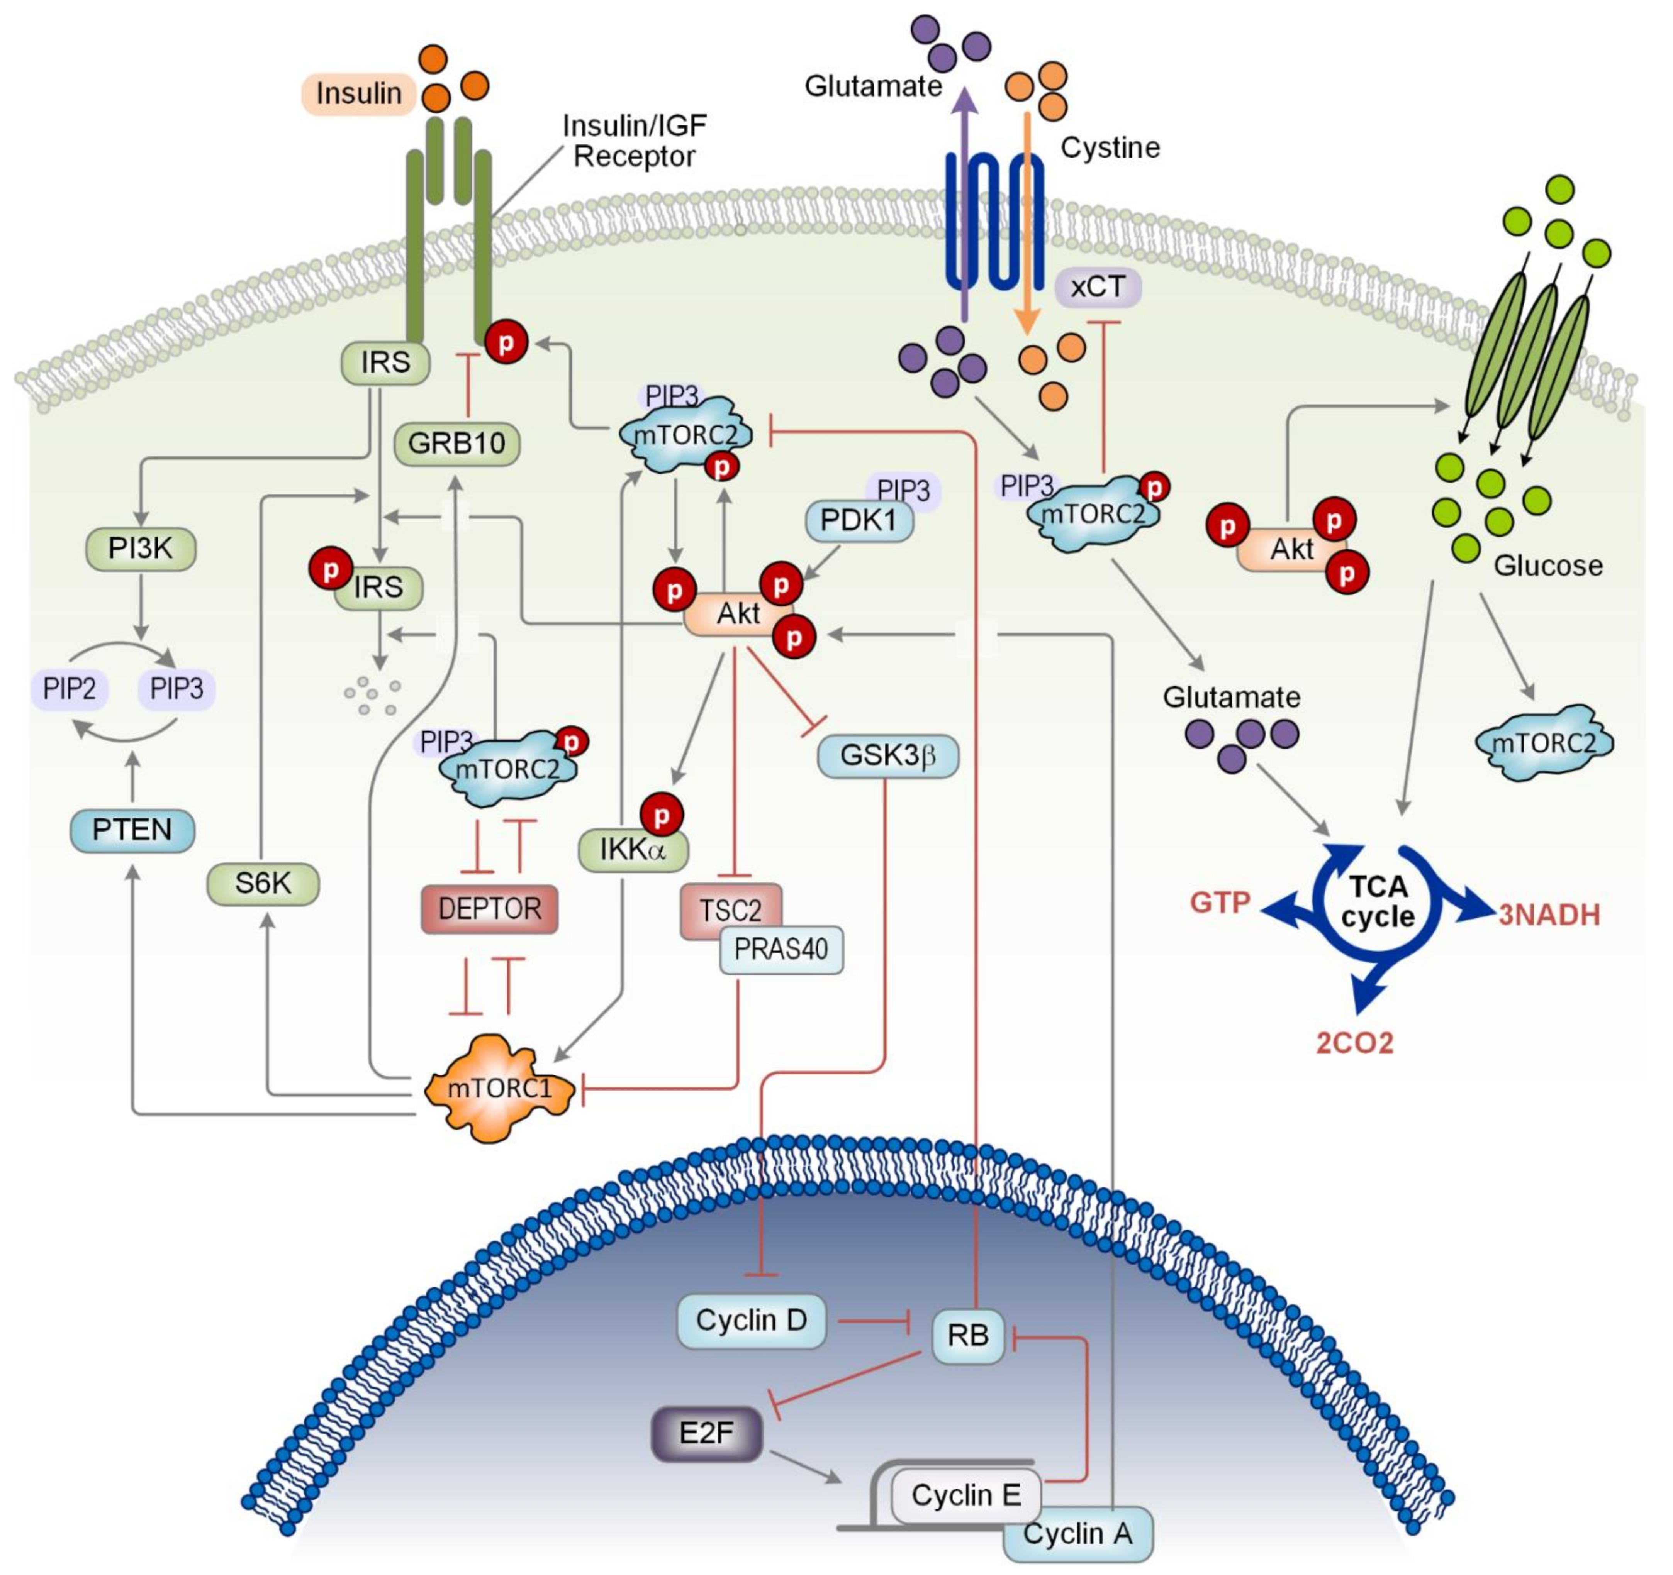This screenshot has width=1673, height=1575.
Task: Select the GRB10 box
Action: [457, 444]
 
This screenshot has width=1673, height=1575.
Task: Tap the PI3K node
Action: [141, 549]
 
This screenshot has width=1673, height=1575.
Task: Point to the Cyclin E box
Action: [966, 1495]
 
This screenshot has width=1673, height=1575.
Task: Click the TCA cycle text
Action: [1378, 901]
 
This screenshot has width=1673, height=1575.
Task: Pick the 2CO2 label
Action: [1355, 1043]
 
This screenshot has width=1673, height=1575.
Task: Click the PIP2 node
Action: [70, 689]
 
